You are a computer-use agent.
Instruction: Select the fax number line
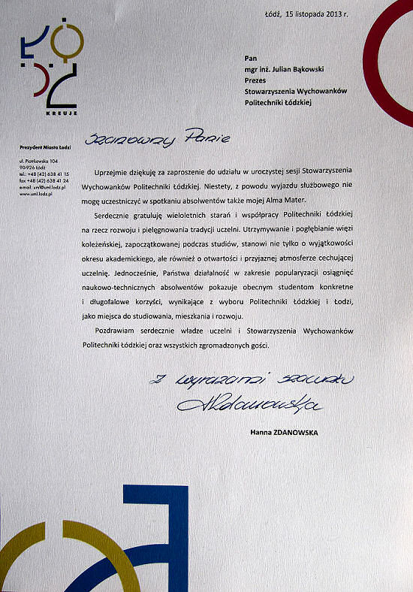pos(44,181)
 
